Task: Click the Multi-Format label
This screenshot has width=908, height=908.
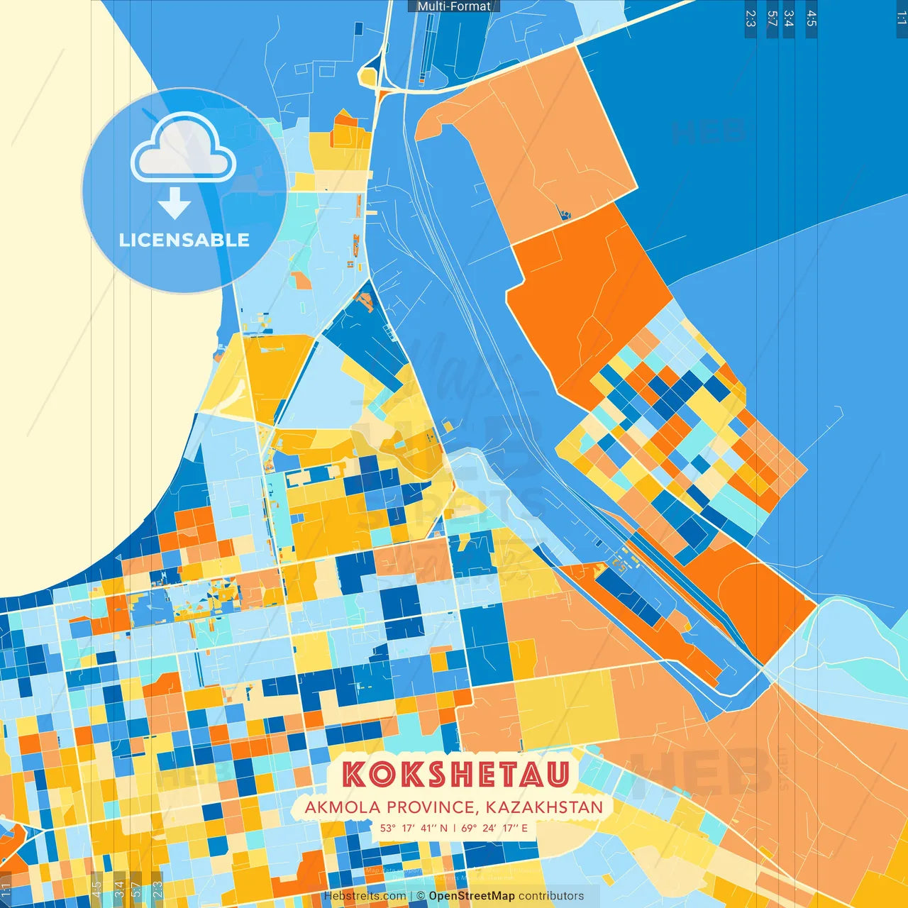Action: [454, 6]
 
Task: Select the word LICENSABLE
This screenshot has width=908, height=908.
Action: [184, 240]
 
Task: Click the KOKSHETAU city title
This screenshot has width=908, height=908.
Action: [456, 775]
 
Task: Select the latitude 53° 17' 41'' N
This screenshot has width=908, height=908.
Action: [414, 828]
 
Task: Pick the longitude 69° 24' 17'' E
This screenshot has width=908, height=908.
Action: [494, 828]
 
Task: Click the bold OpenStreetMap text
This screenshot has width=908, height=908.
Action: [471, 896]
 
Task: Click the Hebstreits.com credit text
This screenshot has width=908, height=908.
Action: [365, 896]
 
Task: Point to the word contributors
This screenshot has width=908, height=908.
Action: [551, 896]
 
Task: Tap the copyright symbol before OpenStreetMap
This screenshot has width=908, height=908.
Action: [421, 896]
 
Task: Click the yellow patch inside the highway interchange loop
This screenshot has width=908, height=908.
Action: [367, 75]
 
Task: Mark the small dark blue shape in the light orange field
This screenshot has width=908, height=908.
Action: [565, 212]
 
